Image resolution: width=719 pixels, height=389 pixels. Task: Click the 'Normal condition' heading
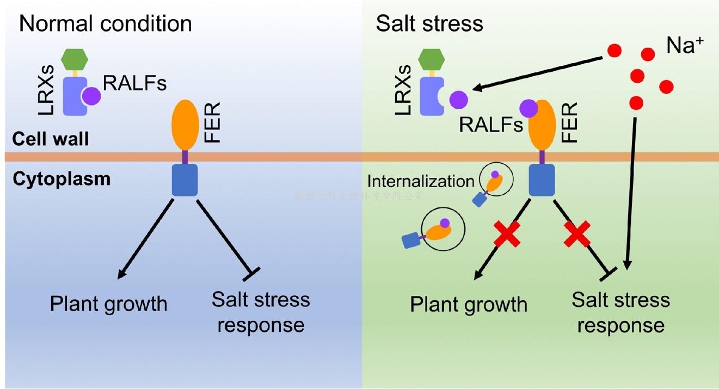click(x=106, y=24)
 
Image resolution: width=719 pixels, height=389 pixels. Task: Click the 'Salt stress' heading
click(x=429, y=24)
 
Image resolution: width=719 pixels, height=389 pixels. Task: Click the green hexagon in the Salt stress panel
click(x=433, y=59)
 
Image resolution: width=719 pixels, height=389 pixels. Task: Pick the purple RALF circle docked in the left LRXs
click(x=91, y=97)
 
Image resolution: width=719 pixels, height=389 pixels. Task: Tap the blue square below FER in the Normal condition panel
click(x=185, y=180)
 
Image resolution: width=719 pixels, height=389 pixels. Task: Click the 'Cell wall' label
click(x=51, y=140)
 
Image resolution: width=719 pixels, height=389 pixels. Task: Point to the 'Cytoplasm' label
click(x=62, y=179)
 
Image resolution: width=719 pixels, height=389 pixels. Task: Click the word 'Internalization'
click(x=421, y=181)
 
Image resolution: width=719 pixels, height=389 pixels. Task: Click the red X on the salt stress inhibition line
click(x=577, y=233)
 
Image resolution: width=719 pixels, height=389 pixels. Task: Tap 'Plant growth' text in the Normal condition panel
click(x=108, y=303)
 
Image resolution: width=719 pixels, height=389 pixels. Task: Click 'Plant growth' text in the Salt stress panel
click(x=469, y=304)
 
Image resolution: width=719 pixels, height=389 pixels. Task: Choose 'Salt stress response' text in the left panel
click(x=261, y=312)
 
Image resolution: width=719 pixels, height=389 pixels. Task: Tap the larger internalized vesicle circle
click(x=443, y=230)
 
